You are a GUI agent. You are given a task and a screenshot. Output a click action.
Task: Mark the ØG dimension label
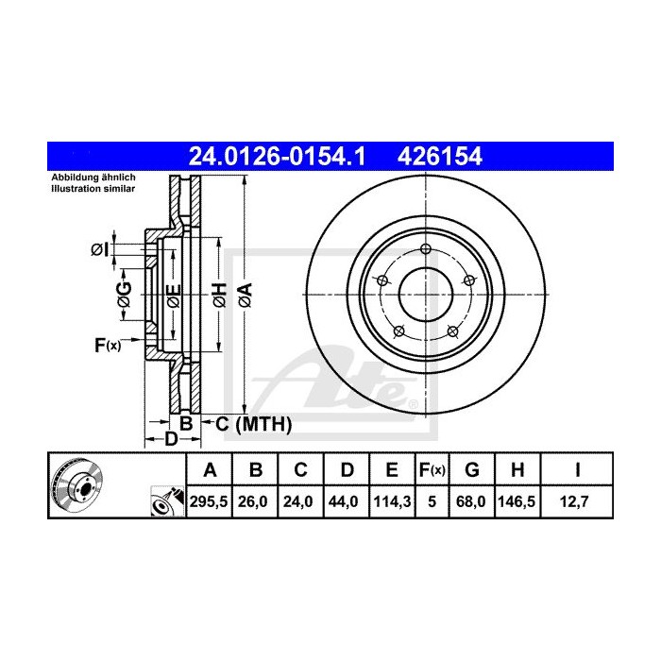(124, 295)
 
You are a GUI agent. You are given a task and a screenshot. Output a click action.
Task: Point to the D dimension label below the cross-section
(171, 439)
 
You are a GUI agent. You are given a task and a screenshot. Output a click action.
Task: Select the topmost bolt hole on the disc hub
(426, 250)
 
